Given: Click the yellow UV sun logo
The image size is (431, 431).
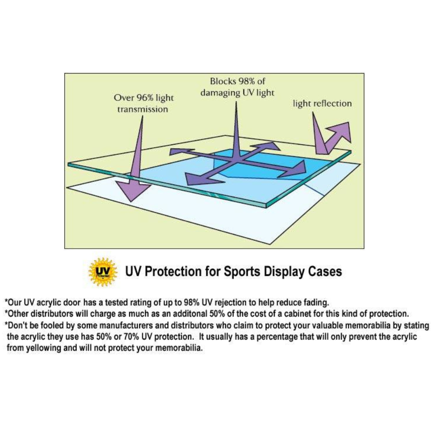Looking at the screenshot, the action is click(x=103, y=272).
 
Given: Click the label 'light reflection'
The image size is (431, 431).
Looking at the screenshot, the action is click(x=322, y=103).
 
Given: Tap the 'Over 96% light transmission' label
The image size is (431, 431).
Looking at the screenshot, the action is click(x=143, y=103).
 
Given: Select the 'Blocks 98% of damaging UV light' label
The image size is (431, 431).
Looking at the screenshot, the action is click(x=237, y=87).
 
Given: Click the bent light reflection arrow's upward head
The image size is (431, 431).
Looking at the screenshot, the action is click(x=342, y=131).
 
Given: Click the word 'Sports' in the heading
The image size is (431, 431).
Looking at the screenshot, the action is click(x=242, y=272).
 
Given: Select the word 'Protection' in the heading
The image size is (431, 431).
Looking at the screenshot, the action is click(x=173, y=271).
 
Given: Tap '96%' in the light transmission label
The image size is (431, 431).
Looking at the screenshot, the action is click(x=145, y=97).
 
